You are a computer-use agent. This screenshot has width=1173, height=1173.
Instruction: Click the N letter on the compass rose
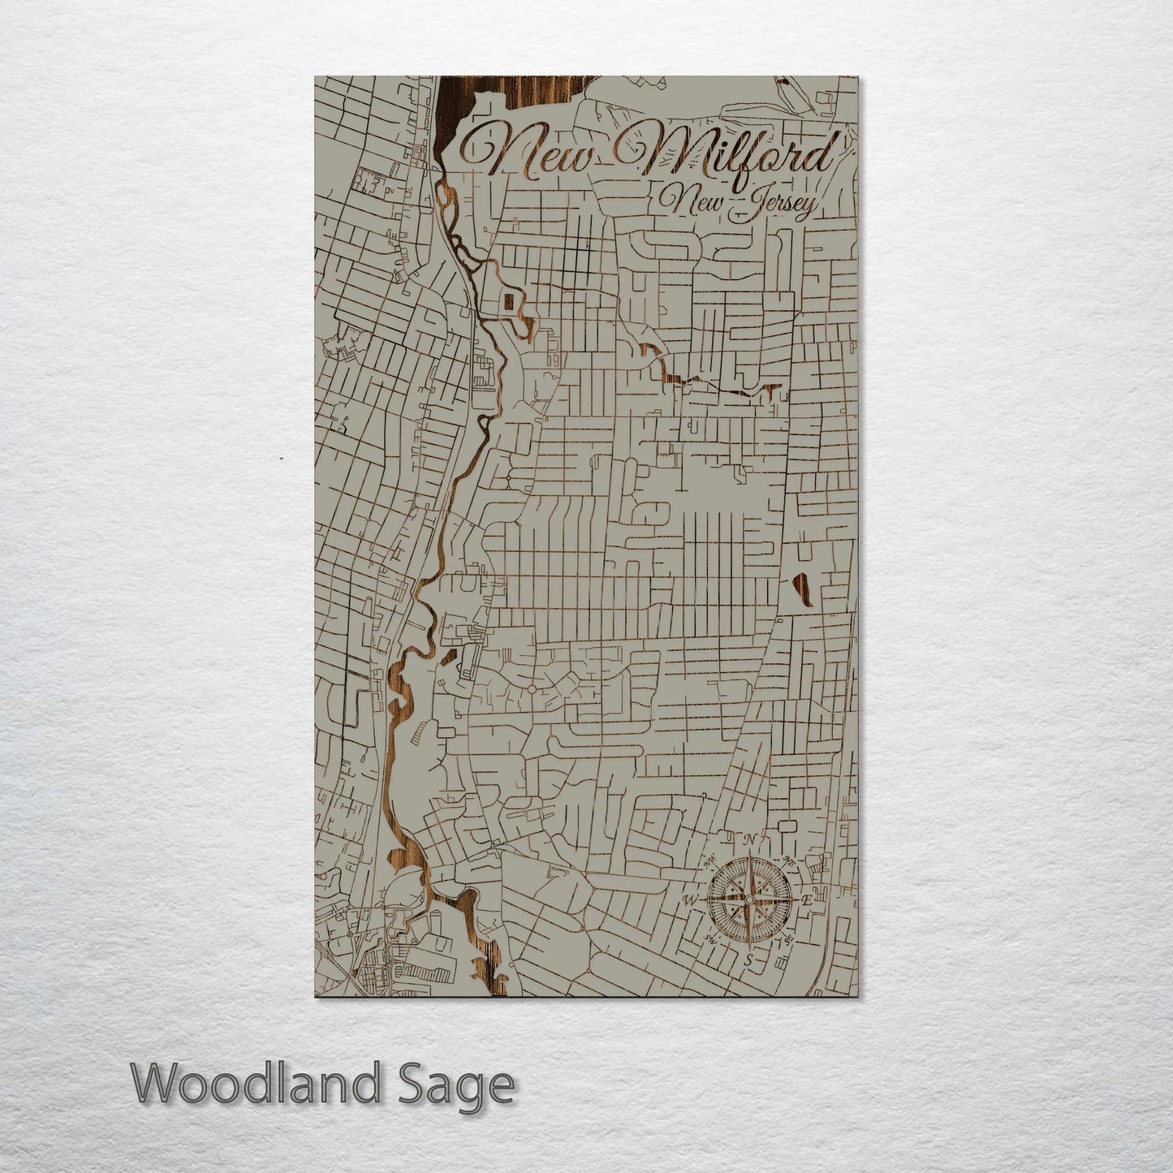752,839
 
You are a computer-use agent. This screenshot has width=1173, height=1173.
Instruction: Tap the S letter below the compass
748,960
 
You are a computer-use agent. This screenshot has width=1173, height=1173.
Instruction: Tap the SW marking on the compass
711,939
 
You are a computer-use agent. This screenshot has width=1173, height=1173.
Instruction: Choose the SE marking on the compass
787,941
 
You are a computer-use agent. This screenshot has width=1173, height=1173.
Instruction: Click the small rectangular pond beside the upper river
508,302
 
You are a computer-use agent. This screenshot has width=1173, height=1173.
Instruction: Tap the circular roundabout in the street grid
531,688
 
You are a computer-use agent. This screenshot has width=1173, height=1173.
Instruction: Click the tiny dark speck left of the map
281,459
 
